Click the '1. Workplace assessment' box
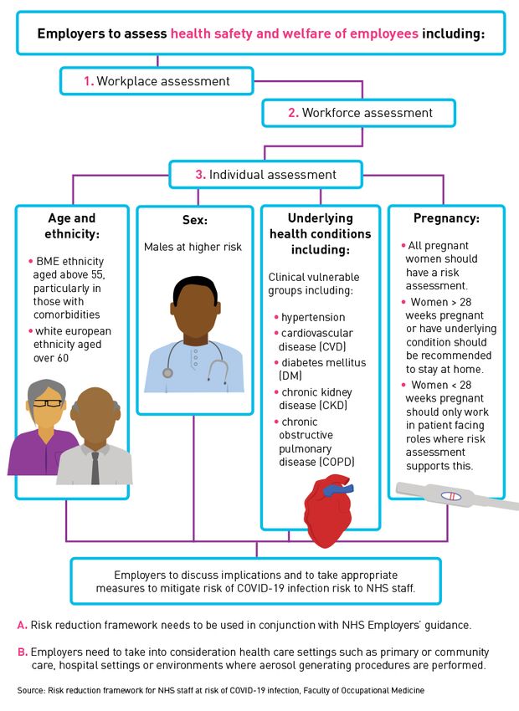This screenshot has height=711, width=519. [x=157, y=81]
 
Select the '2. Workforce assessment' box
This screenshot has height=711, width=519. [x=358, y=113]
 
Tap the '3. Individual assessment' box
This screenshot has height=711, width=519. [x=266, y=175]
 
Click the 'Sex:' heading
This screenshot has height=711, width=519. [x=195, y=220]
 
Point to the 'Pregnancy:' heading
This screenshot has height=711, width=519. [x=446, y=218]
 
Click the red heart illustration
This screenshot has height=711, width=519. [x=328, y=510]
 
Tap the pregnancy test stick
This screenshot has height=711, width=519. [x=457, y=497]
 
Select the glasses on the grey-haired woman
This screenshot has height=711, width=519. [x=47, y=402]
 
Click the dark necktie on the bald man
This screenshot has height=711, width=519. [x=95, y=468]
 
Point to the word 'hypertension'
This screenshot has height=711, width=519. [x=313, y=317]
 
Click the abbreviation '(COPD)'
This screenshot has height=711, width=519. [x=337, y=462]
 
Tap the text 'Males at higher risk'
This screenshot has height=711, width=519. [x=193, y=247]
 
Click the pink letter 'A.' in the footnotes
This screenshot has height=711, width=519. [x=23, y=626]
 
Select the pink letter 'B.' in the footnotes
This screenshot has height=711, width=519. [x=23, y=652]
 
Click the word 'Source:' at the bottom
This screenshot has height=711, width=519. [x=31, y=691]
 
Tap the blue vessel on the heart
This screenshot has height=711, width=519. [x=337, y=489]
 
